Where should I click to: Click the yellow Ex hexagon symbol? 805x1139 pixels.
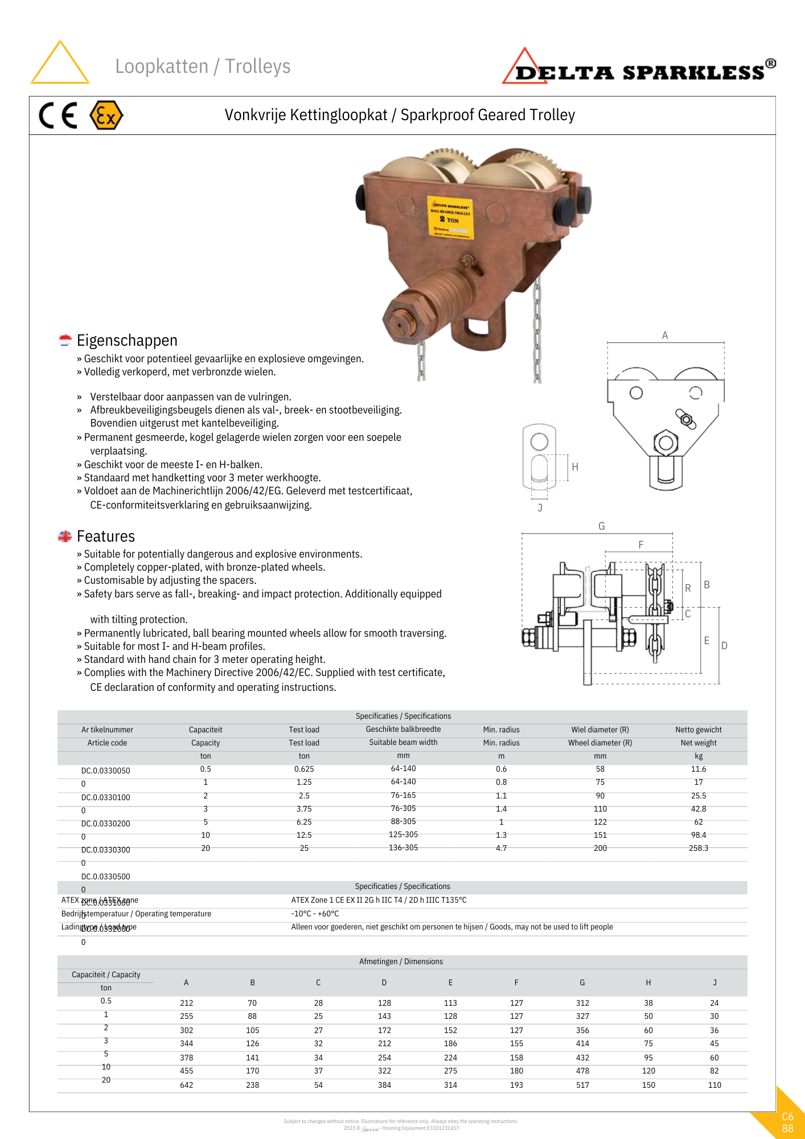(x=106, y=116)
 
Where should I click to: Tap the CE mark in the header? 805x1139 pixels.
(x=58, y=116)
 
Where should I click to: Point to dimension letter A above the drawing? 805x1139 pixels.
(x=665, y=335)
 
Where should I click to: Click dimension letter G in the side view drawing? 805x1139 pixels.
(x=601, y=526)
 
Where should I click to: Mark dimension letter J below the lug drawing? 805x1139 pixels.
(x=540, y=507)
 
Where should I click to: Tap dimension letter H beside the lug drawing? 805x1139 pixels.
(x=575, y=467)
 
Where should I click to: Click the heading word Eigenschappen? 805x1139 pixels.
(x=127, y=341)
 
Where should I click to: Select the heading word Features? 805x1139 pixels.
(x=106, y=536)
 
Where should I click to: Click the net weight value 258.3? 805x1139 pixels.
(x=699, y=848)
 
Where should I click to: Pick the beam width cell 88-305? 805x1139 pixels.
(x=403, y=821)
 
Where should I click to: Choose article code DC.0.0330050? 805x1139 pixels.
(x=106, y=771)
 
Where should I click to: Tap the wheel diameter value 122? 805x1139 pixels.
(x=600, y=822)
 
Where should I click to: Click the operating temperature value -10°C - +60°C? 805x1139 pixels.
(x=315, y=913)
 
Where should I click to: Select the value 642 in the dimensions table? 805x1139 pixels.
(x=187, y=1085)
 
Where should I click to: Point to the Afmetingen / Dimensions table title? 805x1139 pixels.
(x=401, y=961)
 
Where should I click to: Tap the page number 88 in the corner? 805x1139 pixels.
(x=787, y=1128)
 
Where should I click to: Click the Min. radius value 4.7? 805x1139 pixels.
(x=501, y=848)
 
